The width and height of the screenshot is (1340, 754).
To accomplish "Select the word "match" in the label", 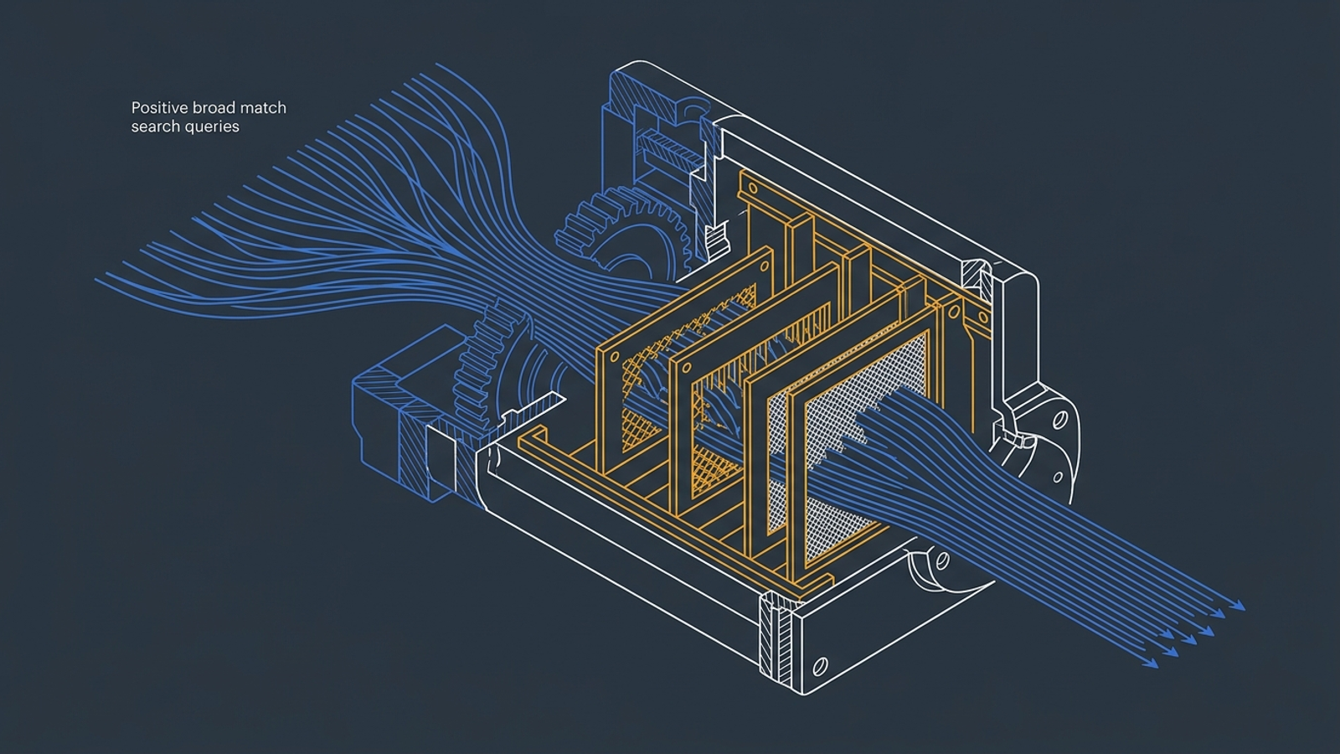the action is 263,108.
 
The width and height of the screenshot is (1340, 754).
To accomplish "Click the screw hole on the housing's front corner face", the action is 820,665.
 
